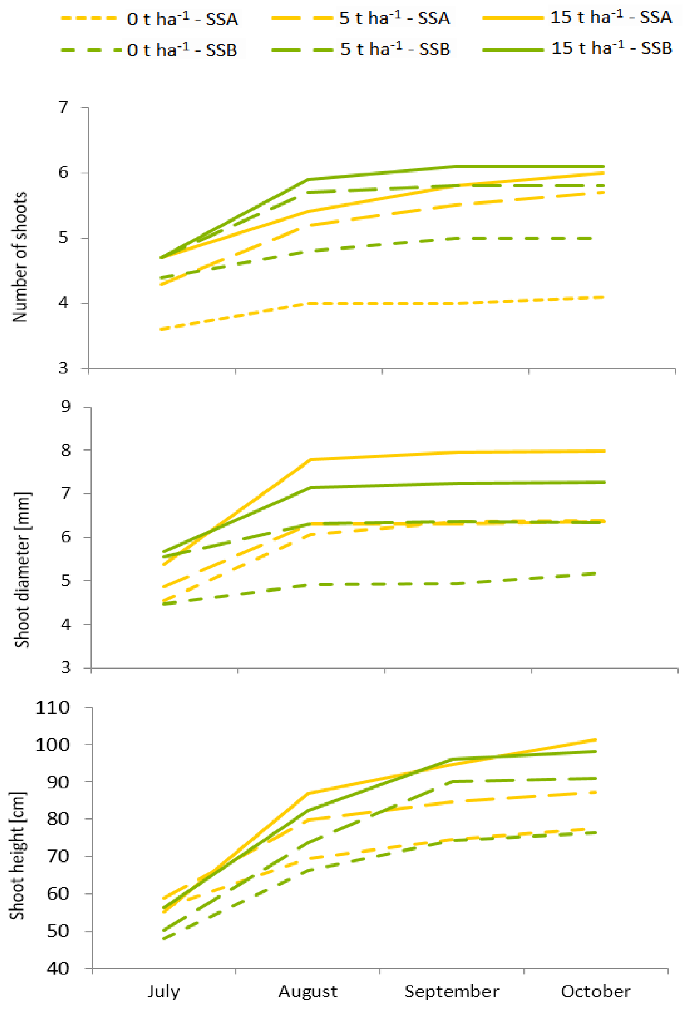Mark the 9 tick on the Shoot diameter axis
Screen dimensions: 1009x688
tap(66, 407)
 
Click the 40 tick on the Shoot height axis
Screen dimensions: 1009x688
tap(58, 969)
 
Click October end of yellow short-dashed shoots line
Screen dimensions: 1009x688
tap(604, 297)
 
